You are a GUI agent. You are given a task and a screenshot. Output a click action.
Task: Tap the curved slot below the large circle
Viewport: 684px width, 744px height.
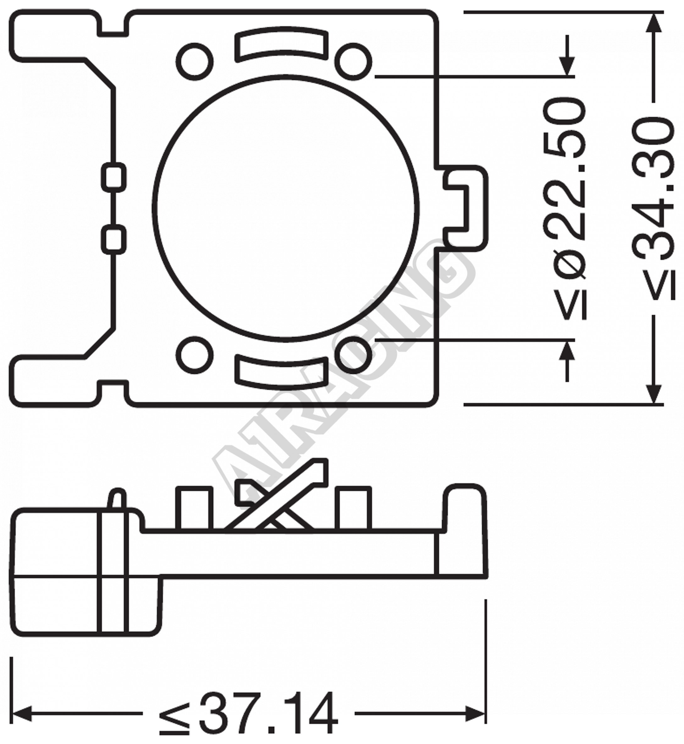[281, 374]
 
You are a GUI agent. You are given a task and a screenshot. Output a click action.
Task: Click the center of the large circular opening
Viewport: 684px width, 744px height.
[286, 207]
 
